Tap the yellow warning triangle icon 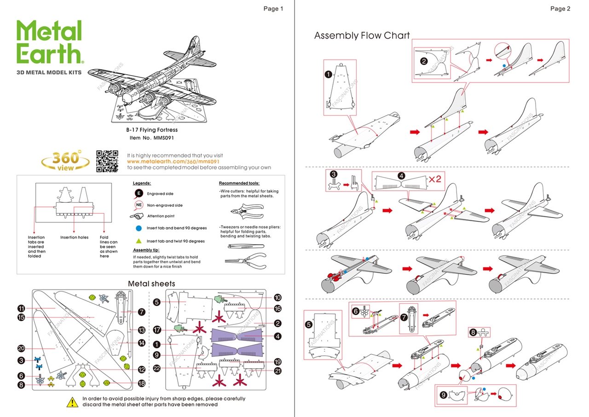(x=72, y=402)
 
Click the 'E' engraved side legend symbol (x=139, y=194)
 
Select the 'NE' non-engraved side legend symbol (x=139, y=205)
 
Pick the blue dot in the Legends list (x=139, y=228)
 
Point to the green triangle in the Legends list (x=139, y=241)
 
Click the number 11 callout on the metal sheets (x=21, y=308)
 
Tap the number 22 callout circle (x=157, y=368)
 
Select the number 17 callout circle (x=157, y=330)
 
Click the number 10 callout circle (x=277, y=298)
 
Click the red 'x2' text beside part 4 (x=435, y=179)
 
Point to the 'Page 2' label (x=560, y=9)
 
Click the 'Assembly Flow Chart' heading (x=362, y=36)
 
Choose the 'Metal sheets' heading (x=151, y=283)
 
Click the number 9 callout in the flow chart (x=443, y=394)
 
